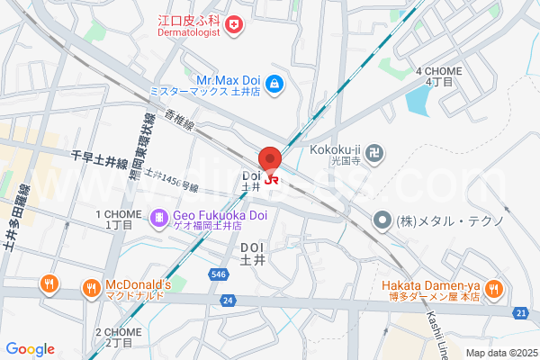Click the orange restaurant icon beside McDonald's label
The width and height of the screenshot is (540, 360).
pos(91,288)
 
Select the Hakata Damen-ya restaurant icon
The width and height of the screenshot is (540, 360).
pos(492,288)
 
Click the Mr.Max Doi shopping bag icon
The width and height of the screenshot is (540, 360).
pos(274,85)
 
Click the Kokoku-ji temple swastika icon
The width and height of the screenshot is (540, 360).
pos(377,155)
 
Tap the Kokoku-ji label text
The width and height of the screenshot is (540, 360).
pos(335,149)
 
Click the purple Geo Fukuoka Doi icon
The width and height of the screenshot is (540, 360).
pos(158,217)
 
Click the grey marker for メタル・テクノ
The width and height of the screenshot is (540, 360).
pos(382,219)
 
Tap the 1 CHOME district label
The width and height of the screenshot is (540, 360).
pos(121,214)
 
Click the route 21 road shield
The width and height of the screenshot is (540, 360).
pos(522,312)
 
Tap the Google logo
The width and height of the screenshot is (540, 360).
pos(30,349)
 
